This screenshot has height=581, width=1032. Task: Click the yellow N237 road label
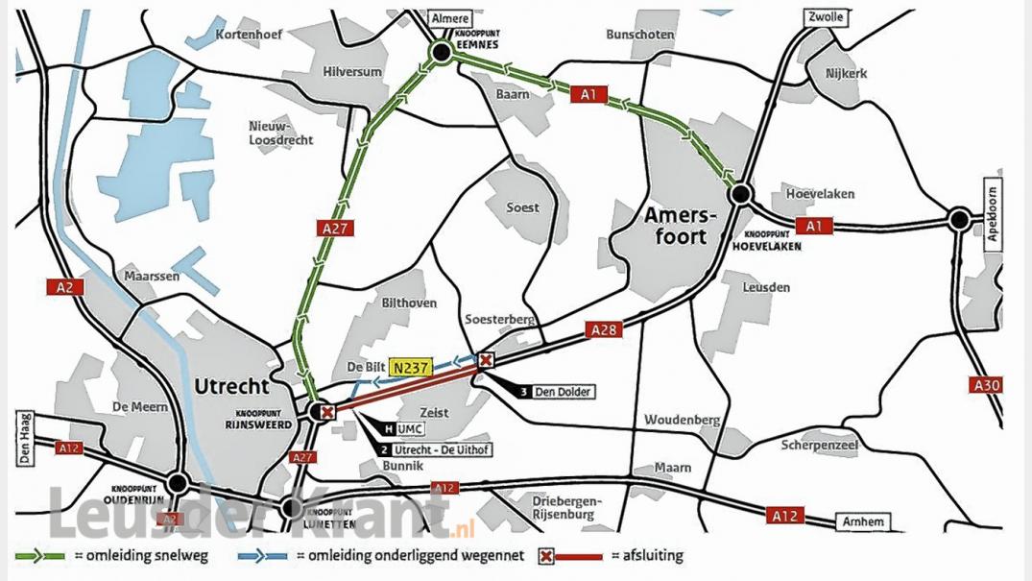[x=409, y=366]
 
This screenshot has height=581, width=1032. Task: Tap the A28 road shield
[x=603, y=330]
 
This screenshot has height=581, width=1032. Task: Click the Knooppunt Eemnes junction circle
[x=441, y=53]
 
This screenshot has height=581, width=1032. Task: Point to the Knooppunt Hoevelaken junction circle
[x=740, y=195]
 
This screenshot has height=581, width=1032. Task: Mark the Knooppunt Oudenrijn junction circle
[x=177, y=483]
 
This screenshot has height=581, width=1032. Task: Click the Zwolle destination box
[x=814, y=18]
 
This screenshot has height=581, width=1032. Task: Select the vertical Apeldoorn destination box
[x=994, y=212]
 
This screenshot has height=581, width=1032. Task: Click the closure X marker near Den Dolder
[x=486, y=360]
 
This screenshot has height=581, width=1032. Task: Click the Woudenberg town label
[x=682, y=421]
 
